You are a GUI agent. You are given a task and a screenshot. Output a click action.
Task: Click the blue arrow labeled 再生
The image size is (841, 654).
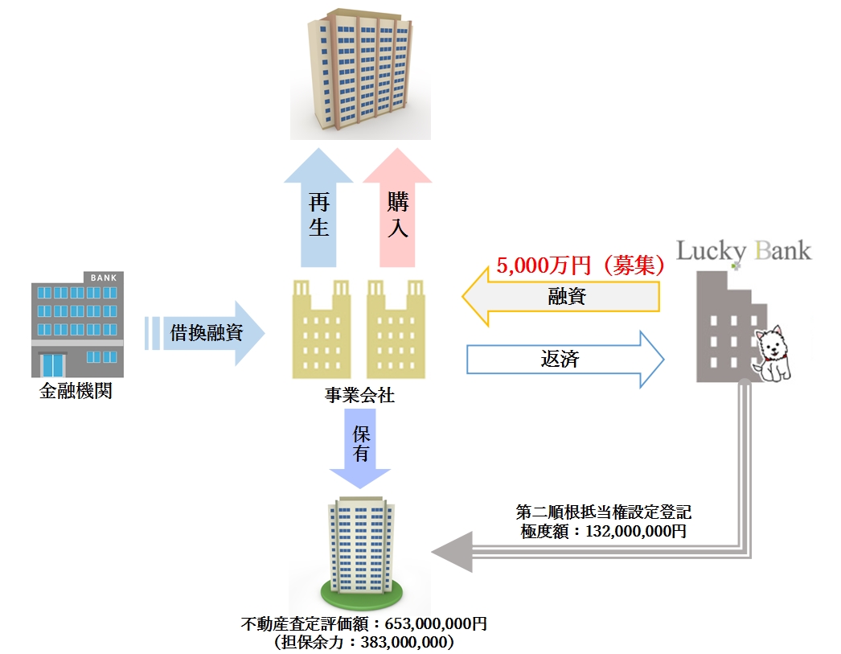[318, 213]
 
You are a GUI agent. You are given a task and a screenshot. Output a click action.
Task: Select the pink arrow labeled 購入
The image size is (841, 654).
[397, 213]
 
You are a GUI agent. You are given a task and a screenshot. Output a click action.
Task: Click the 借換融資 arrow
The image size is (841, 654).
[211, 332]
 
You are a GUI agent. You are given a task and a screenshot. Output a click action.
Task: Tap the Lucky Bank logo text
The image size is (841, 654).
[744, 250]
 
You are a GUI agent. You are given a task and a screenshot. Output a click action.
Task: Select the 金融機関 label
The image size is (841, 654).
[76, 393]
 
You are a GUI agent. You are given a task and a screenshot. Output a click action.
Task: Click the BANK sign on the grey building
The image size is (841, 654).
[103, 278]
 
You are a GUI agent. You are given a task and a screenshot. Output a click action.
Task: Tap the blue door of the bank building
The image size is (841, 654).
[52, 364]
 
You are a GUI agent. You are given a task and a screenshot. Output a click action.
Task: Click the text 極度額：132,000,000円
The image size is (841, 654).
[603, 531]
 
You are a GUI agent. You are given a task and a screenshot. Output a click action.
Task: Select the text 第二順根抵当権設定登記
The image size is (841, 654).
[603, 512]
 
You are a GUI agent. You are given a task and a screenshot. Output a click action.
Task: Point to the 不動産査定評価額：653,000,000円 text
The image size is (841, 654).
[363, 623]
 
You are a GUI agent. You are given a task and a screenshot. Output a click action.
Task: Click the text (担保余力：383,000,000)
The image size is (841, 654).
[364, 642]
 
